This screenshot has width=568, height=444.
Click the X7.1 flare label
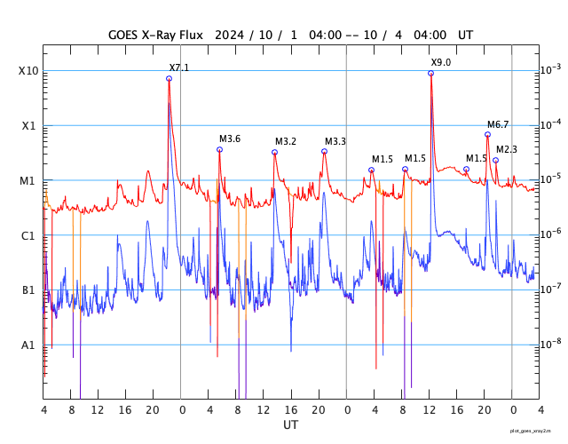(179, 67)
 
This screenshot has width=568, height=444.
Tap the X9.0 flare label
(441, 62)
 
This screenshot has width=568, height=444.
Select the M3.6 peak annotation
(230, 139)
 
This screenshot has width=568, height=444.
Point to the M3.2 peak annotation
(286, 141)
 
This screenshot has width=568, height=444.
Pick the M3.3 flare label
(335, 141)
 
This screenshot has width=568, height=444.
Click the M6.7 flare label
(498, 124)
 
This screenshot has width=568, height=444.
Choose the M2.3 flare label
(507, 149)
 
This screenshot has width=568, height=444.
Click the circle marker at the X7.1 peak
(169, 79)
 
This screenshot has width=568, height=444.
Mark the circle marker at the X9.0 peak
(430, 73)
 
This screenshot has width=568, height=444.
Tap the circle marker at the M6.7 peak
(487, 135)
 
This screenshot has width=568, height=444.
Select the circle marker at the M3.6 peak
(219, 149)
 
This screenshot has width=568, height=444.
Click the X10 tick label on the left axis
(28, 71)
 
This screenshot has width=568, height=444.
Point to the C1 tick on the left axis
(28, 235)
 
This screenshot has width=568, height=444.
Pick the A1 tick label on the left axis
(28, 345)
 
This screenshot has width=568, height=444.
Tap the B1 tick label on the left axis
(28, 290)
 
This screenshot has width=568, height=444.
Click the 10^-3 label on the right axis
(550, 70)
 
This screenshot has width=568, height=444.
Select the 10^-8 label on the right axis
(550, 344)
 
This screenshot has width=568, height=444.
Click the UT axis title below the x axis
(291, 425)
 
